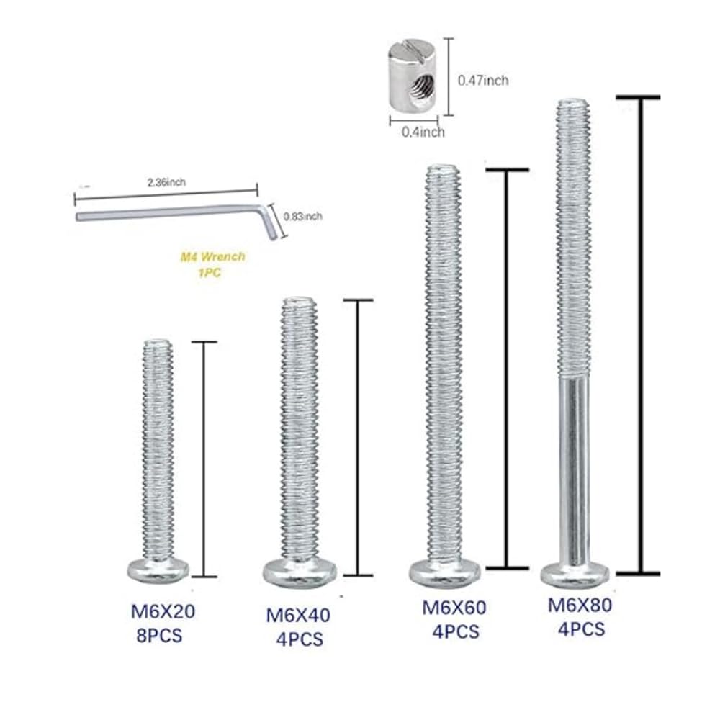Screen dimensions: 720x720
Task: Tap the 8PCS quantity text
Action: click(159, 636)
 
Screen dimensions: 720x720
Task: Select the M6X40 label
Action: click(298, 616)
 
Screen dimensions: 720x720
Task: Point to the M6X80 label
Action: click(580, 605)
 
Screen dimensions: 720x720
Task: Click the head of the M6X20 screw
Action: click(158, 570)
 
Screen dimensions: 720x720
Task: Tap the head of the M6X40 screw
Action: click(299, 571)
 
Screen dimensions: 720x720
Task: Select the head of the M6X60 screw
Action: click(444, 572)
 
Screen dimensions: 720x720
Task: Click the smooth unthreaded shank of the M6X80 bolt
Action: click(574, 468)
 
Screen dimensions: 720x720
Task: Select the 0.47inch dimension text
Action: click(482, 81)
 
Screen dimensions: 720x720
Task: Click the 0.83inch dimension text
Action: click(303, 216)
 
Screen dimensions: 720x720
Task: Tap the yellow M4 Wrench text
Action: click(212, 256)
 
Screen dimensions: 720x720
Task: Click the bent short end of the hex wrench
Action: click(269, 223)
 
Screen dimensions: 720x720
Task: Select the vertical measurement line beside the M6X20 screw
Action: click(204, 461)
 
